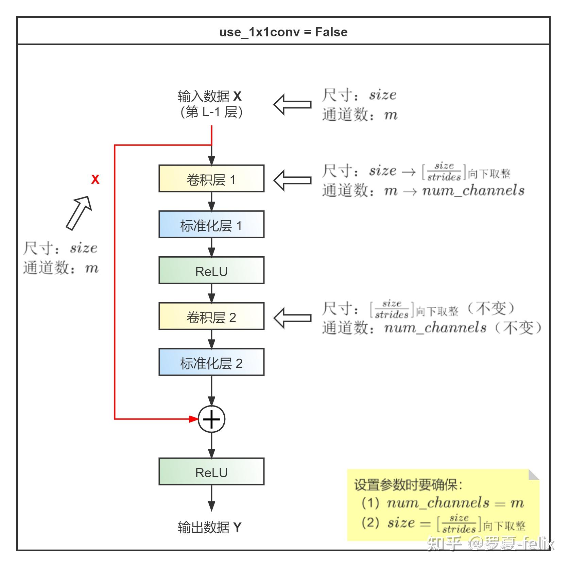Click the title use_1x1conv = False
click(283, 32)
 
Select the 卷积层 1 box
click(211, 179)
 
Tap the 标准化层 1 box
click(211, 225)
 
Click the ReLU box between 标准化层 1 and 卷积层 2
click(211, 271)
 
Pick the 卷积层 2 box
click(211, 316)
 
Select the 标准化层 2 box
click(211, 362)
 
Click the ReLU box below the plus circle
click(211, 472)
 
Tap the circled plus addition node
click(211, 419)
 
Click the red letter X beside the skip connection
click(95, 179)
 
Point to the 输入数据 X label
click(210, 97)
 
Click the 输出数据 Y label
click(209, 527)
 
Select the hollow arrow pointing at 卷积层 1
click(292, 180)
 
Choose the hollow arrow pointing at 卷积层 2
click(292, 318)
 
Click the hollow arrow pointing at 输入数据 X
click(292, 104)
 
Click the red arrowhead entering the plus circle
click(194, 419)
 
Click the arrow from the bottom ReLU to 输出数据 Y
click(211, 498)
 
